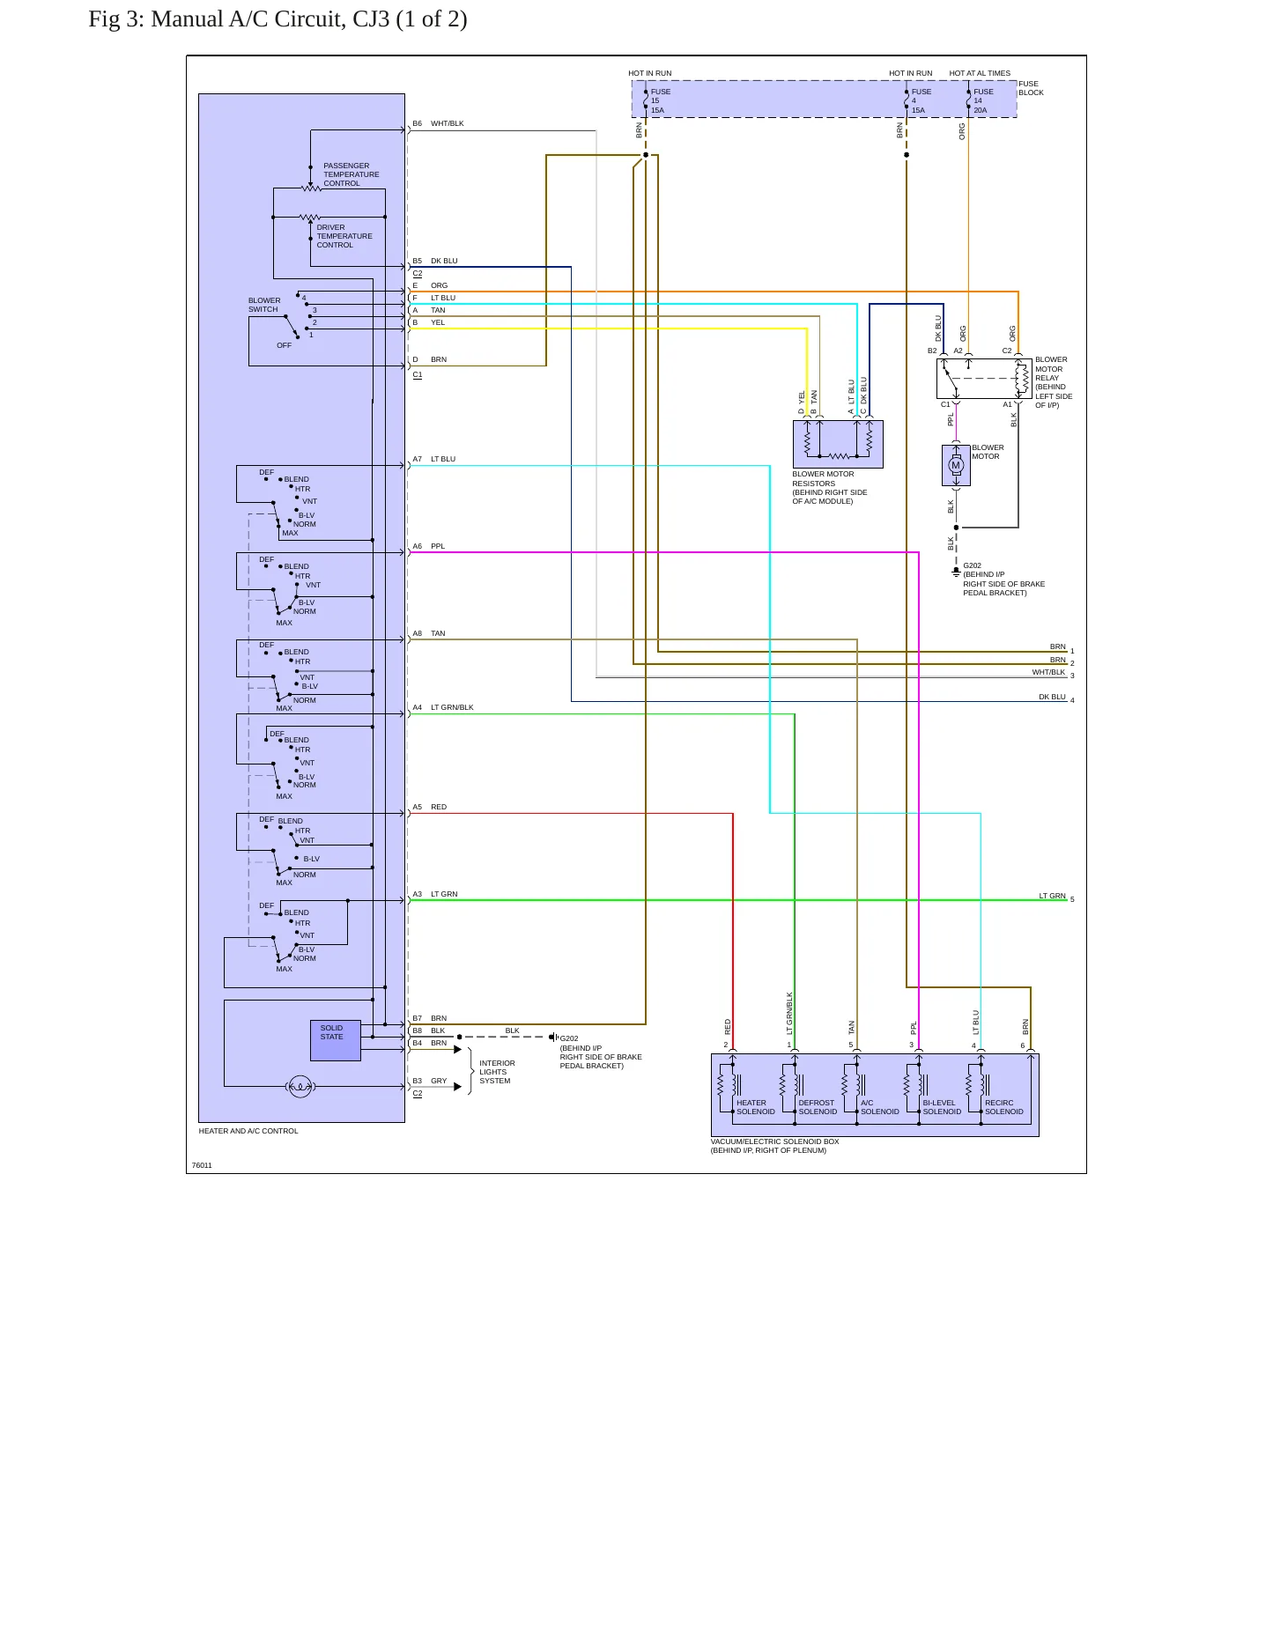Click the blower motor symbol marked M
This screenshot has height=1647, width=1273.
click(x=956, y=465)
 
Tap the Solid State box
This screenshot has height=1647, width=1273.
click(x=336, y=1040)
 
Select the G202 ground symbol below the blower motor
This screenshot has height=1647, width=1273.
click(x=956, y=572)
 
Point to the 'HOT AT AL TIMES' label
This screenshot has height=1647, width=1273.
click(x=980, y=73)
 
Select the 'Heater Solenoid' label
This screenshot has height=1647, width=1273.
click(x=756, y=1107)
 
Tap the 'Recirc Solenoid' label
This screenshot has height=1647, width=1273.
click(x=1004, y=1107)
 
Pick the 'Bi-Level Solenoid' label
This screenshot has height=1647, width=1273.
click(x=942, y=1107)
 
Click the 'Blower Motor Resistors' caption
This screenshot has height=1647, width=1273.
click(x=829, y=488)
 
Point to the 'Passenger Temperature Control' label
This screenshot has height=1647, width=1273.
click(x=352, y=174)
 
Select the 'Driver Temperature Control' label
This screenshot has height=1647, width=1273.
click(x=344, y=236)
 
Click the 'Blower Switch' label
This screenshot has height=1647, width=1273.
click(x=264, y=305)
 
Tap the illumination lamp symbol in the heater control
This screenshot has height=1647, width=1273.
click(x=300, y=1087)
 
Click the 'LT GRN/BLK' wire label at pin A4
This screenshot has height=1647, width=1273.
click(x=452, y=707)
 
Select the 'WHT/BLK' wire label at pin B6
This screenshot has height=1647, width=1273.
click(x=447, y=123)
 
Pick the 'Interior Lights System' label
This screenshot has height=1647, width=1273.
click(x=497, y=1072)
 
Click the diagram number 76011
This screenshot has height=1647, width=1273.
click(x=202, y=1165)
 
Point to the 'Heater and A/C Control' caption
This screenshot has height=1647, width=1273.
click(x=248, y=1131)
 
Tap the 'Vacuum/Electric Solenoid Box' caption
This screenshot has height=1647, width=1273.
click(x=774, y=1146)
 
